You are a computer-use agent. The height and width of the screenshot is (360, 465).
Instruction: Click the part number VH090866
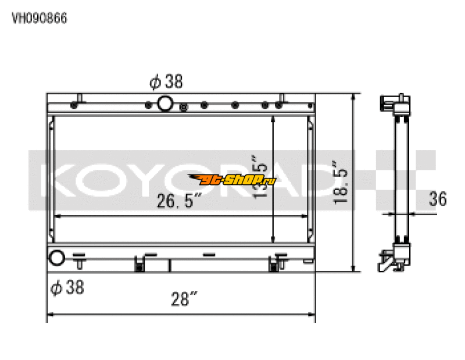click(x=40, y=18)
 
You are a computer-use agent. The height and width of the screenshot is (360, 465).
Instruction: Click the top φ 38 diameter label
click(x=166, y=82)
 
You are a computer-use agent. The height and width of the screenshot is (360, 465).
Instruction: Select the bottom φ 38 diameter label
click(x=67, y=287)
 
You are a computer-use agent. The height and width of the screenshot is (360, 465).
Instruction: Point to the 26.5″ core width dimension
click(x=178, y=201)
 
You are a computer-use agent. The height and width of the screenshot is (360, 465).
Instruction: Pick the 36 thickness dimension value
click(x=437, y=199)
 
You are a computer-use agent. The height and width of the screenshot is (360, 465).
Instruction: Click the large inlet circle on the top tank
click(x=165, y=104)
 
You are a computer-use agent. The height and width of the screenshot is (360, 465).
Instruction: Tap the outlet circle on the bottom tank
click(x=56, y=257)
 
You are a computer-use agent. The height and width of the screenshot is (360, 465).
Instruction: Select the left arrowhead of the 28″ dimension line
click(x=50, y=315)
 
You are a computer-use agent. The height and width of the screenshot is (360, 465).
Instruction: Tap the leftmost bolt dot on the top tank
click(x=73, y=106)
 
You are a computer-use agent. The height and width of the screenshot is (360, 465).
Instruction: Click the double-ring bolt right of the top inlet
click(x=184, y=106)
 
